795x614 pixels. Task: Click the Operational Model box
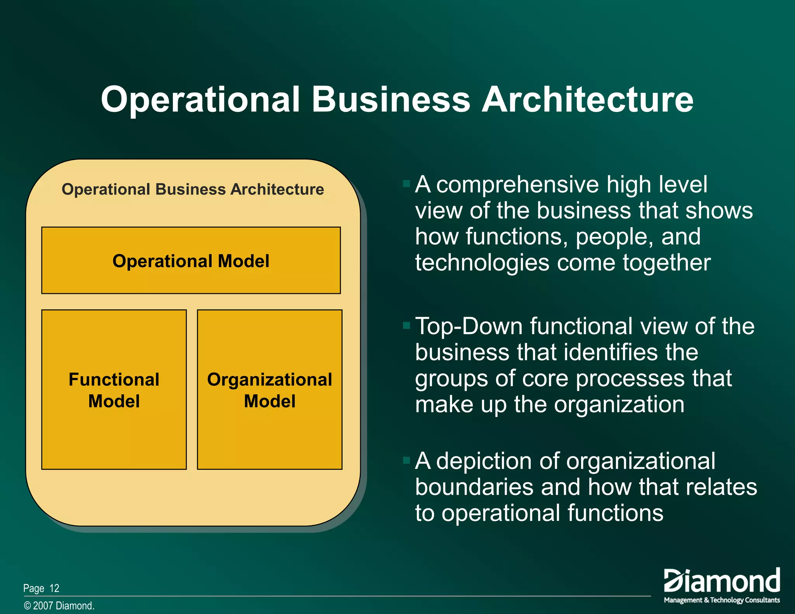coord(191,260)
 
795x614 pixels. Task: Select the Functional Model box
coord(114,390)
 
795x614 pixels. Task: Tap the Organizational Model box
coord(269,390)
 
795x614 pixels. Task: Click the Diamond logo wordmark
coord(722,581)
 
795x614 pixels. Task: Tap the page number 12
coord(54,588)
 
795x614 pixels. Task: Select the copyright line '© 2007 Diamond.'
coord(59,606)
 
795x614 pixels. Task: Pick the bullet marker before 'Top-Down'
coord(406,325)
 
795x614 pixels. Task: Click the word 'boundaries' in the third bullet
coord(474,487)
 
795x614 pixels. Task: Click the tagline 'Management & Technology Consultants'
coord(722,600)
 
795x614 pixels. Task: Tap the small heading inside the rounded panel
coord(193,189)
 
